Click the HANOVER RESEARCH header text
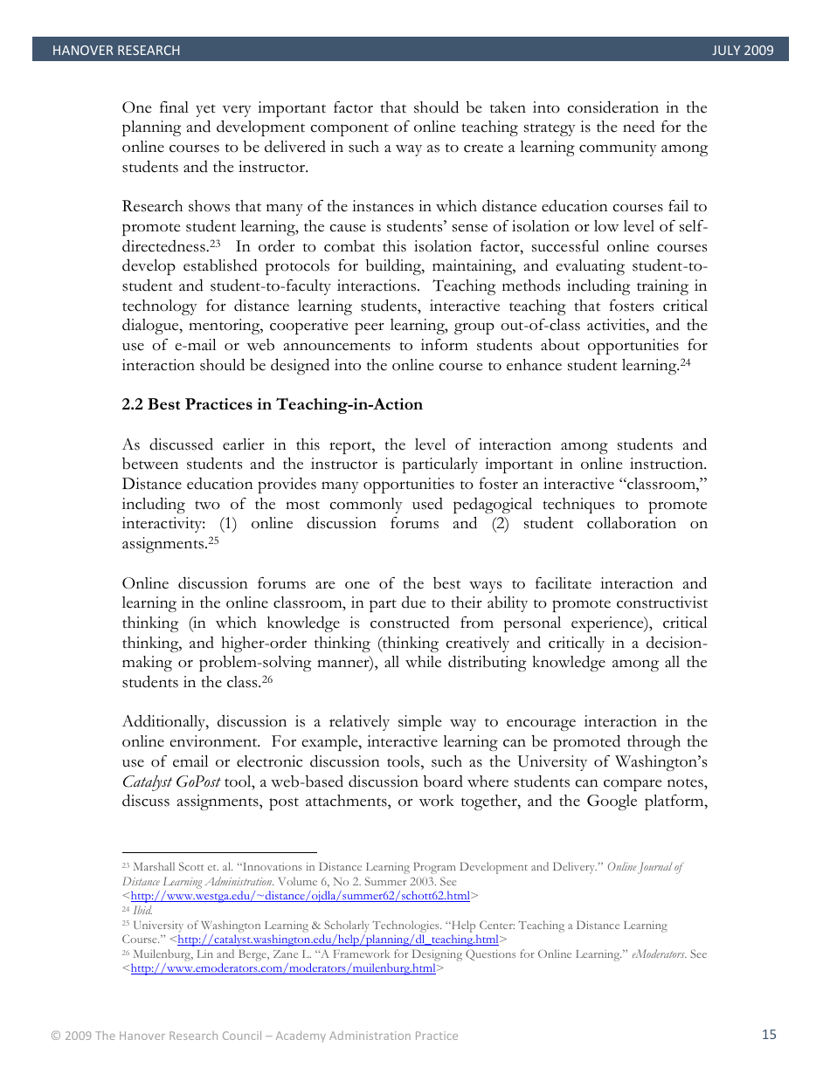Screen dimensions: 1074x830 tap(116, 51)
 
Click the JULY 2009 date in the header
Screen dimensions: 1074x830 tap(743, 51)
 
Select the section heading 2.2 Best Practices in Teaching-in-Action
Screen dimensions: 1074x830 tap(272, 404)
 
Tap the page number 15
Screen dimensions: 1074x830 tap(769, 1035)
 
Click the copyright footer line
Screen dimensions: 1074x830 tap(254, 1036)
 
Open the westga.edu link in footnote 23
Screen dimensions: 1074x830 tap(300, 896)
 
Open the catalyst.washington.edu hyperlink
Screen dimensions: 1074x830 tap(337, 940)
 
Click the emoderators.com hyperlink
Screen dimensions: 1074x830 tap(282, 968)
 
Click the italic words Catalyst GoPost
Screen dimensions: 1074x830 tap(171, 781)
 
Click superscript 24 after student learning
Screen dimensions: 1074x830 tap(685, 361)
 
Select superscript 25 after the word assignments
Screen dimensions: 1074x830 tap(213, 539)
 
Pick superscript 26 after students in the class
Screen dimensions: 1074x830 tap(267, 678)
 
